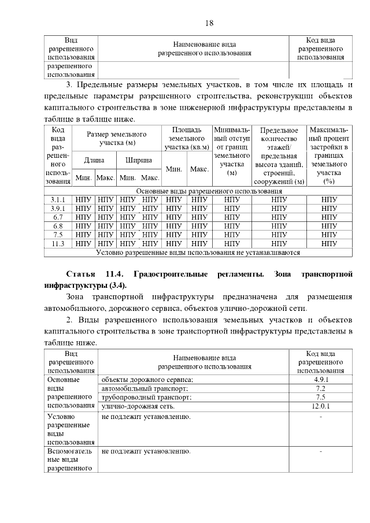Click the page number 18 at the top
209,23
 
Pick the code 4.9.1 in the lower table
321,380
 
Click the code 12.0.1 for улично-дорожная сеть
321,406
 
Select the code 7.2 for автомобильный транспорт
321,388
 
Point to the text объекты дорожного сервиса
147,380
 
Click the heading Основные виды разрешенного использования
209,191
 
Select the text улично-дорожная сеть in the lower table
138,406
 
